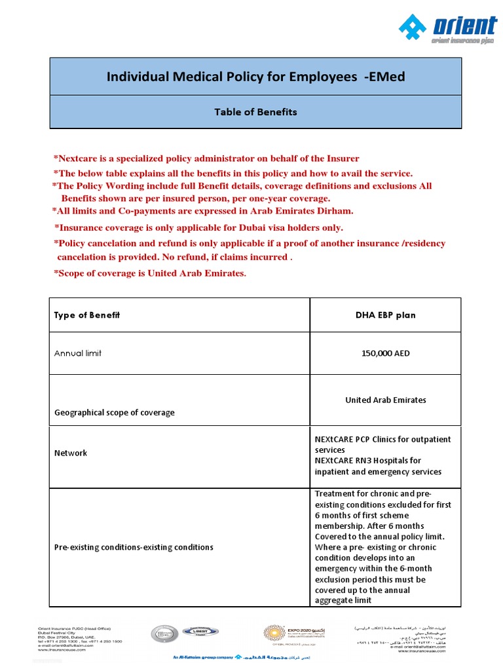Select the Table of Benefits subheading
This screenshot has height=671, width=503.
point(255,112)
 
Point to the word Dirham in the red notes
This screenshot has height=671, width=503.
point(333,211)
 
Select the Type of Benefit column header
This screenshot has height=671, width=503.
point(86,315)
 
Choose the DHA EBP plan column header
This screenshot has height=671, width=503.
point(385,315)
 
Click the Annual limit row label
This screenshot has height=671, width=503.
point(77,353)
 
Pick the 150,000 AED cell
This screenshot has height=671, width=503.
point(385,353)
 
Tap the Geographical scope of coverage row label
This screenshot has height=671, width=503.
point(114,413)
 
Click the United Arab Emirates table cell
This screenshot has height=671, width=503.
point(385,400)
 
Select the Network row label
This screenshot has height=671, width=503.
point(70,453)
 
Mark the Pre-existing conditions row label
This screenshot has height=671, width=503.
point(133,546)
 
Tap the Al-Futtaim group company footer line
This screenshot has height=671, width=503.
point(203,657)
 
